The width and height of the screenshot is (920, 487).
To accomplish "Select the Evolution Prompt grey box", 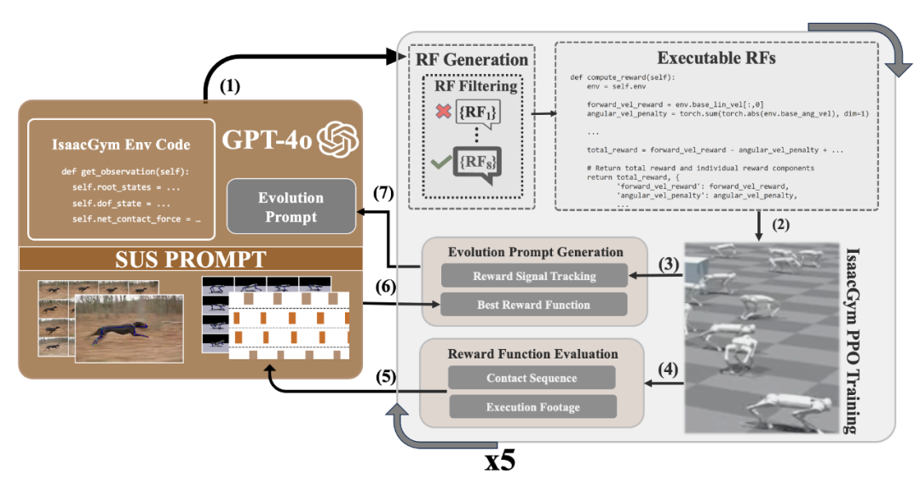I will (x=290, y=207).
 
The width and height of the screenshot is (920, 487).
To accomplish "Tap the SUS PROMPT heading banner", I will (x=191, y=259).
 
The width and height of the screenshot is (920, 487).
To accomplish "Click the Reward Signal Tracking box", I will (x=534, y=276).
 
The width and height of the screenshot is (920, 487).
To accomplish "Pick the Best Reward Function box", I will (x=534, y=304).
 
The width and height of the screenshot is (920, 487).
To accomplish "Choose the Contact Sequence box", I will (x=532, y=378).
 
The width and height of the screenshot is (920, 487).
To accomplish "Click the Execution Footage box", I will (x=532, y=407).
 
